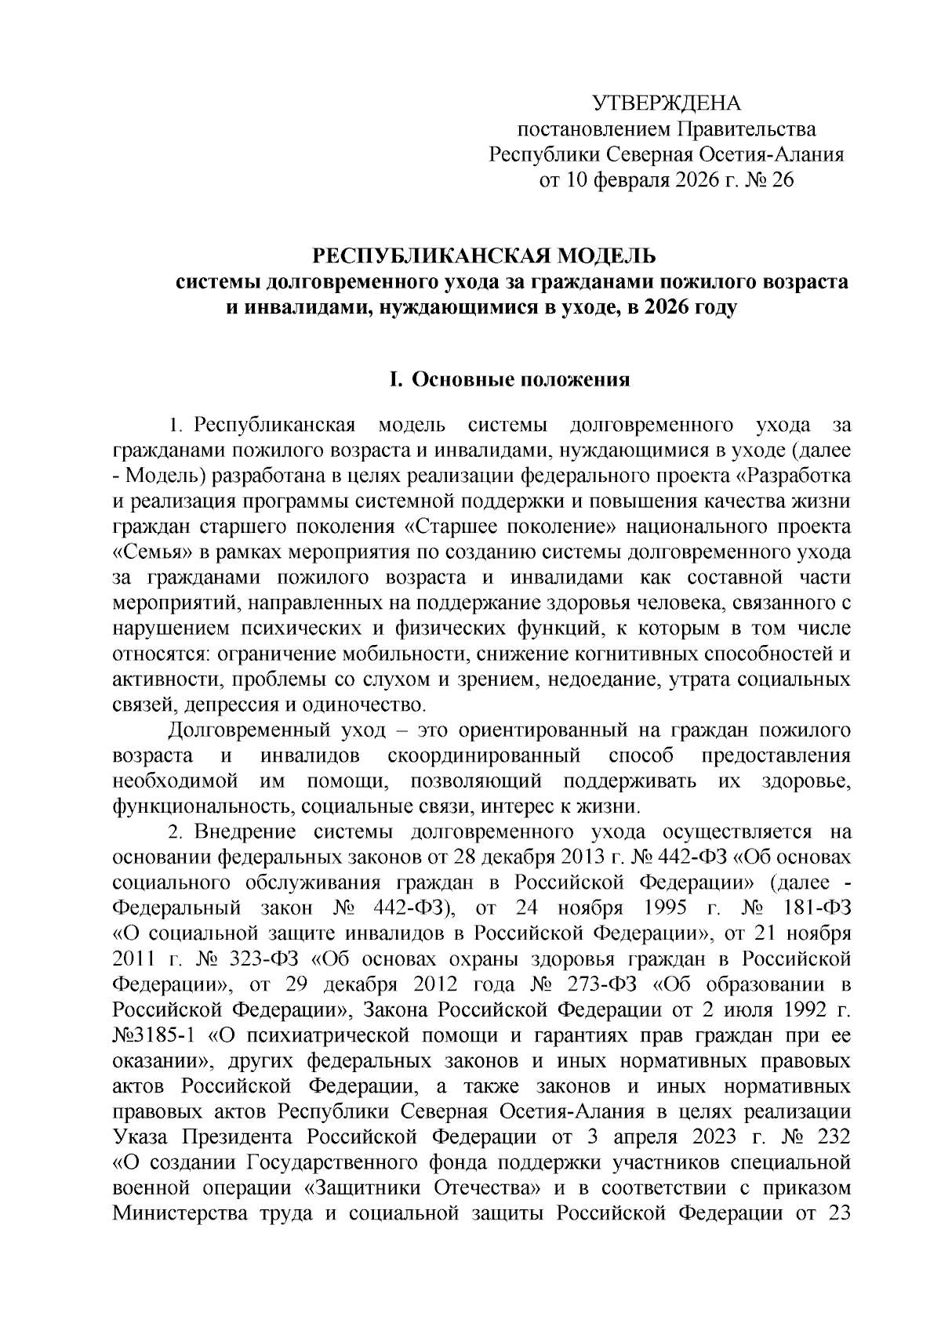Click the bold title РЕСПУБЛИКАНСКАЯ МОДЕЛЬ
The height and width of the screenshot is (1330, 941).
pos(484,256)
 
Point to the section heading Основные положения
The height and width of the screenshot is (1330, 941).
pos(521,380)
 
